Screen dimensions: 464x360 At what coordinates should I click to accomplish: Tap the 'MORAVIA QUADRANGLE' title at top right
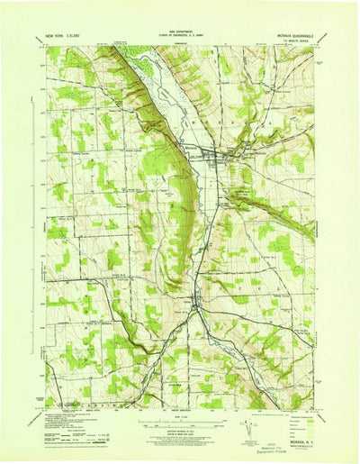[290, 35]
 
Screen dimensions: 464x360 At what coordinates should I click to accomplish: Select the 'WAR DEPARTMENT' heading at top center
[180, 32]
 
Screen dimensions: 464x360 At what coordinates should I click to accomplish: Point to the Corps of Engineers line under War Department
[180, 37]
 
